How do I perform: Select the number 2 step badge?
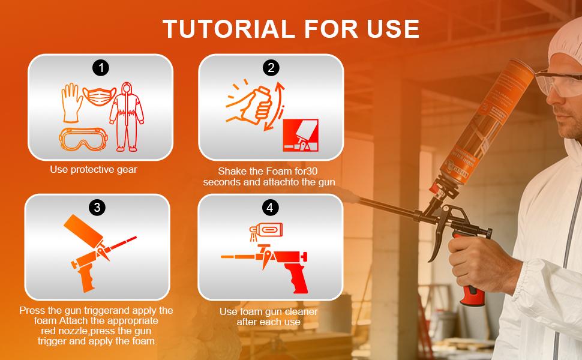click(x=271, y=68)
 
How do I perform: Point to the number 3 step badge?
click(x=97, y=208)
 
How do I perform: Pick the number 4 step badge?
click(x=271, y=208)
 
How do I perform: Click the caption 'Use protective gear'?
click(x=94, y=170)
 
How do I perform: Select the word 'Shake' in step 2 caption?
click(x=232, y=171)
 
